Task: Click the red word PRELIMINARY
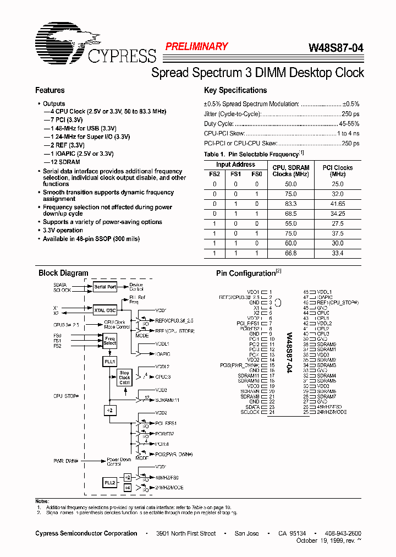coord(196,47)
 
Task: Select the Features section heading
coord(50,90)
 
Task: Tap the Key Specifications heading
coord(235,90)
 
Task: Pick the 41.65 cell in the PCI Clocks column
coord(338,203)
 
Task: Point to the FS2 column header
coord(215,174)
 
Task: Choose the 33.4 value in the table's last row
coord(338,253)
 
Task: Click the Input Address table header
coord(235,165)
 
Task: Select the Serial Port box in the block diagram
coord(105,287)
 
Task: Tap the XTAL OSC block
coord(105,310)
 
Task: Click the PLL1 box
coord(110,361)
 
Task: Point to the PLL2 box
coord(110,483)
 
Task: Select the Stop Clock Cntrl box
coord(125,378)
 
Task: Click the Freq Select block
coord(110,340)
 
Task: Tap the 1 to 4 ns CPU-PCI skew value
coord(348,134)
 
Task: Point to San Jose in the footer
coord(246,533)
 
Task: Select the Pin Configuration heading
coord(245,274)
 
